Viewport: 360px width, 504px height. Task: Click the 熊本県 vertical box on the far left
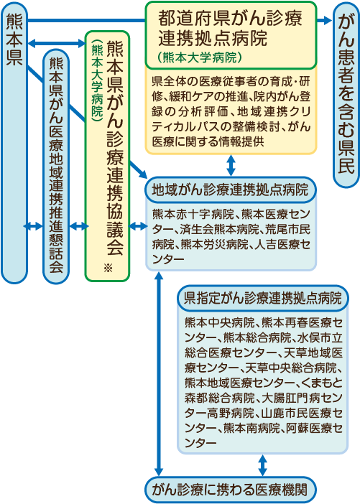pyautogui.click(x=14, y=143)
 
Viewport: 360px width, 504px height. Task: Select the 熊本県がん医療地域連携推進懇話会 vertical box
pyautogui.click(x=56, y=167)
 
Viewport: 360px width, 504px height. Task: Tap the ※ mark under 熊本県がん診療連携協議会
pyautogui.click(x=108, y=267)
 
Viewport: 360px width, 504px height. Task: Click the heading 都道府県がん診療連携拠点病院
pyautogui.click(x=230, y=28)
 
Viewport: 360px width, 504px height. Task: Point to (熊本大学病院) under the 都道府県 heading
pyautogui.click(x=200, y=57)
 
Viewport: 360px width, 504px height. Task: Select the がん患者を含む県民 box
pyautogui.click(x=346, y=95)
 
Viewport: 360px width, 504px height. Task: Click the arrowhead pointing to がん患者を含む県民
pyautogui.click(x=328, y=21)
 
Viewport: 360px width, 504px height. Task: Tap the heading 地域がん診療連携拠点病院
pyautogui.click(x=231, y=190)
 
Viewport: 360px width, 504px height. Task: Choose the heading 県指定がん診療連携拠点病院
pyautogui.click(x=262, y=298)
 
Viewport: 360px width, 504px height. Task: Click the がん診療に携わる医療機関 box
pyautogui.click(x=231, y=490)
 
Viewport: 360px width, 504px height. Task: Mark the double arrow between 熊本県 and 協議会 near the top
pyautogui.click(x=56, y=43)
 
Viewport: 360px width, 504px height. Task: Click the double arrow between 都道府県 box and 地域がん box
pyautogui.click(x=231, y=165)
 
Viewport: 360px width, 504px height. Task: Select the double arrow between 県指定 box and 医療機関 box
pyautogui.click(x=263, y=465)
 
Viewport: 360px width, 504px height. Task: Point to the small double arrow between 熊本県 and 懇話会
pyautogui.click(x=34, y=226)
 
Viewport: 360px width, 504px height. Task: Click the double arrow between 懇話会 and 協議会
pyautogui.click(x=78, y=226)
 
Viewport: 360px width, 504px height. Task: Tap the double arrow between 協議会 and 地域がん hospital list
pyautogui.click(x=138, y=226)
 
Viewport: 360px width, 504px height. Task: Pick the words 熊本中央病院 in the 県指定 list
pyautogui.click(x=219, y=322)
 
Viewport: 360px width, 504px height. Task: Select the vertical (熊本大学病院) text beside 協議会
pyautogui.click(x=98, y=81)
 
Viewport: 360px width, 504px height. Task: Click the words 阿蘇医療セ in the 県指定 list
pyautogui.click(x=314, y=428)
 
